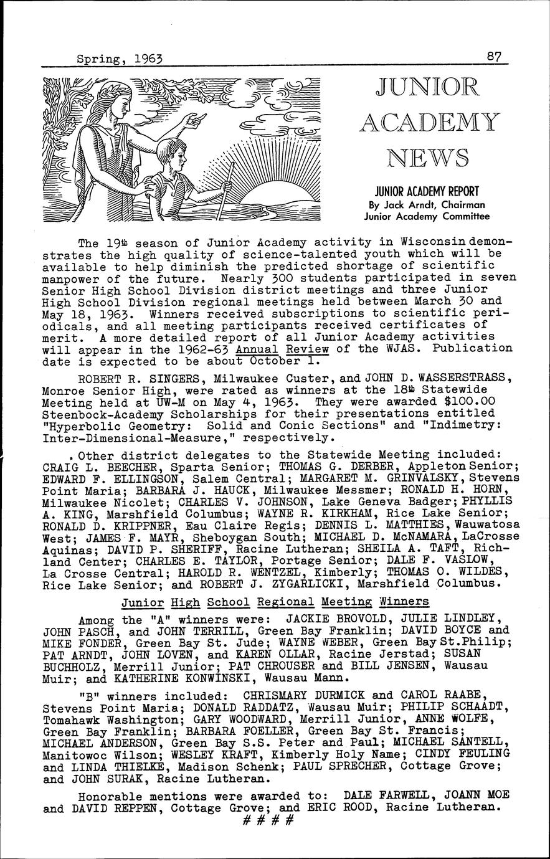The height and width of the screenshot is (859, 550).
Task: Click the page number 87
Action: [x=496, y=57]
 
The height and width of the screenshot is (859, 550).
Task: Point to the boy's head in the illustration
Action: [x=171, y=154]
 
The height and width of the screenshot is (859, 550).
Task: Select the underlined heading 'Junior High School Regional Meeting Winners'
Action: [x=275, y=602]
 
